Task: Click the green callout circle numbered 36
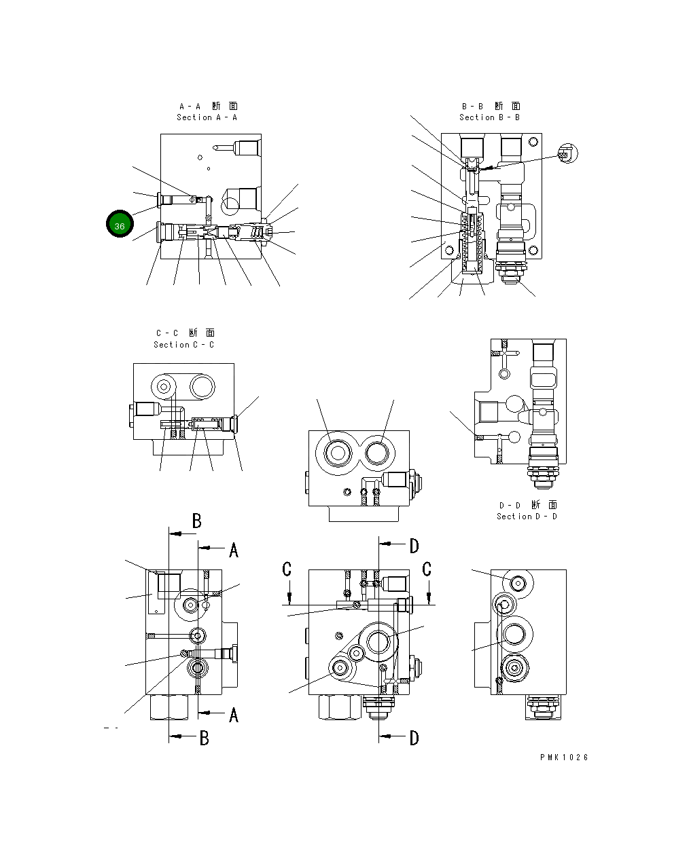click(x=120, y=225)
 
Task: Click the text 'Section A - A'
click(x=207, y=117)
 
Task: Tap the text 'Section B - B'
click(x=489, y=117)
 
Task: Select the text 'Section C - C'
click(x=183, y=345)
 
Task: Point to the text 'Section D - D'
click(x=527, y=517)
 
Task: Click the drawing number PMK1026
click(x=564, y=757)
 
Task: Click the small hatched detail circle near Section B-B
click(x=566, y=153)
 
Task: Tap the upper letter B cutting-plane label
click(x=196, y=521)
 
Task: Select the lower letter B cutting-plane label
click(x=203, y=738)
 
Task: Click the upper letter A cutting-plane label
click(x=234, y=550)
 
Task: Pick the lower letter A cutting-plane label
click(x=233, y=715)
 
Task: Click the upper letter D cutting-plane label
click(x=414, y=546)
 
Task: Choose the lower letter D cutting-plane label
click(x=414, y=738)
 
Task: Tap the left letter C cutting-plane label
click(x=287, y=569)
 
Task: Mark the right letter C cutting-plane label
click(x=427, y=569)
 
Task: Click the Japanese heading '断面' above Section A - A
click(x=224, y=106)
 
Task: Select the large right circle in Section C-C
click(x=202, y=387)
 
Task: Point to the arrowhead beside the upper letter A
click(x=204, y=548)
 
